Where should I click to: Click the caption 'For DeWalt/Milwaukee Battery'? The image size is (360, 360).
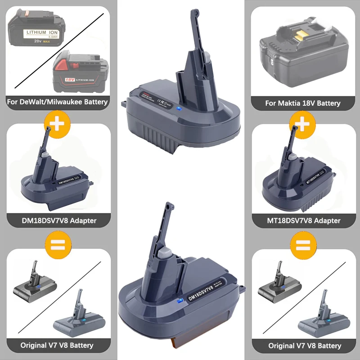pos(58,102)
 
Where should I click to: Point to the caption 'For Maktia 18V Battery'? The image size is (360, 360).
pos(302,103)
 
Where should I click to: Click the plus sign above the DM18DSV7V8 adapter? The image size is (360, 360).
pos(57,123)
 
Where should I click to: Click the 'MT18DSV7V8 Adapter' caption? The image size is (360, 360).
pos(302,220)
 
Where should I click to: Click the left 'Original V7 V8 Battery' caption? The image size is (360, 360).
pos(57,346)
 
